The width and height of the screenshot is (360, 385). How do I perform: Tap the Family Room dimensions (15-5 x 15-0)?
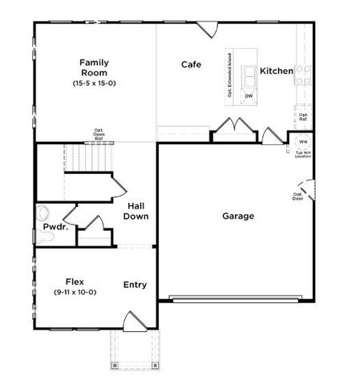[94, 83]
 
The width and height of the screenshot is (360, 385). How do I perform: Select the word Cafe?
[191, 64]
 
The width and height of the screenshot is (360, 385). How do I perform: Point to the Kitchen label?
[276, 71]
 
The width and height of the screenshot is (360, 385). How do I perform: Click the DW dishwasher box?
[249, 96]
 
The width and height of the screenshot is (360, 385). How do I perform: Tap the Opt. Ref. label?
[304, 117]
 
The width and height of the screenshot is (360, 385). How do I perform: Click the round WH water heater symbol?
[303, 142]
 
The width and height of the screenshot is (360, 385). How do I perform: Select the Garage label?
[238, 216]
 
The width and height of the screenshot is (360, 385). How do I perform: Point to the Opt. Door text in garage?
[298, 197]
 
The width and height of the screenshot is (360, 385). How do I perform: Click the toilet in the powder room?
[44, 214]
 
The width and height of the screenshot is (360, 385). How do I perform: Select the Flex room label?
[75, 282]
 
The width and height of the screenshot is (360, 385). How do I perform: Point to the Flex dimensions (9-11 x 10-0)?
[75, 293]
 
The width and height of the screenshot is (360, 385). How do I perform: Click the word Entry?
[135, 285]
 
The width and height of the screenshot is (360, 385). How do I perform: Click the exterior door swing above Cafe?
[208, 30]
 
